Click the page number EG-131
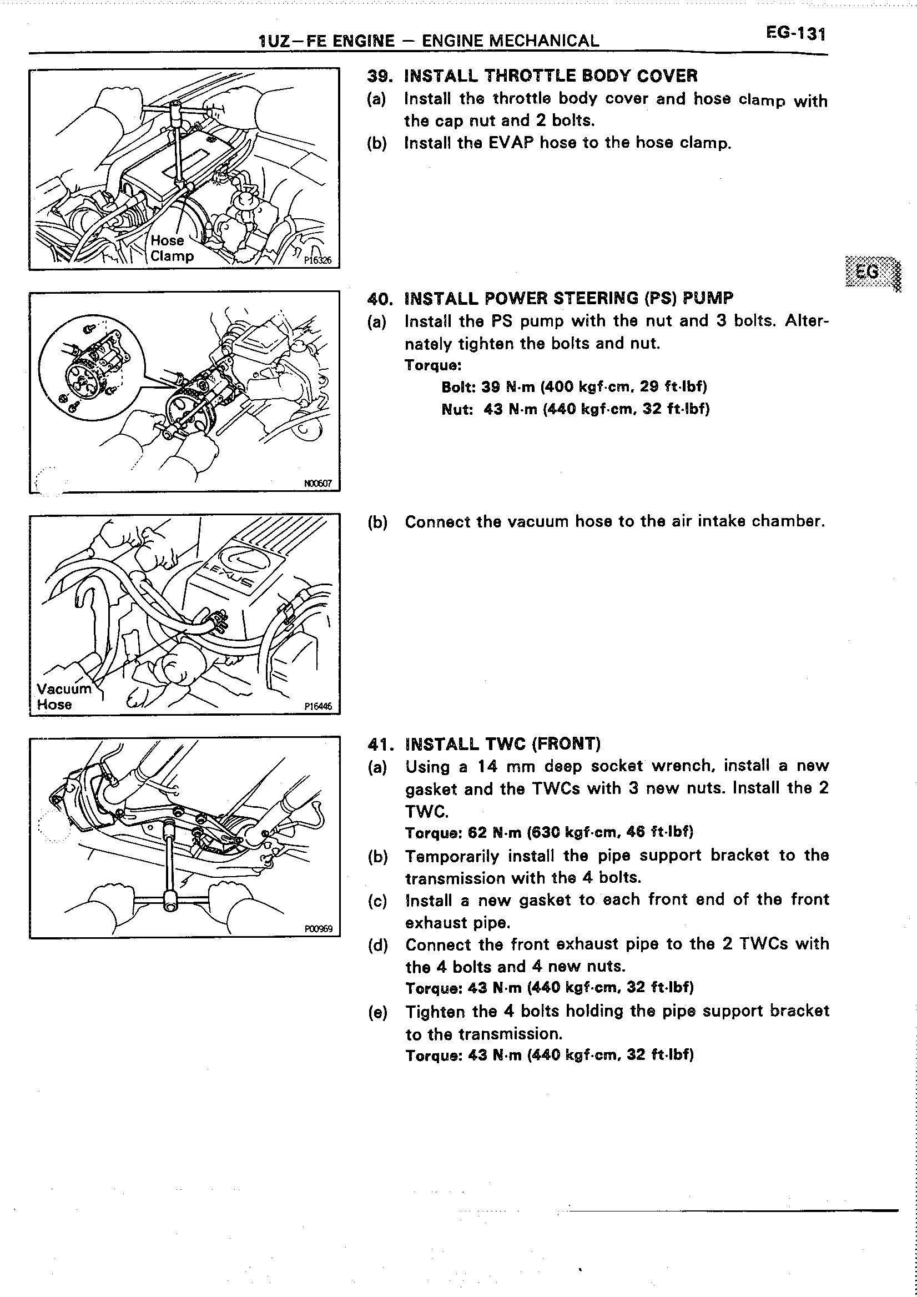795,34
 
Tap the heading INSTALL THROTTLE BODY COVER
551,76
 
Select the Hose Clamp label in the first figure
171,248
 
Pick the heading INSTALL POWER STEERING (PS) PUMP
569,298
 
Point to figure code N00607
318,484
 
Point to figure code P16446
318,706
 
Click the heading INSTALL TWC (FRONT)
502,744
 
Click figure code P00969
319,929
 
